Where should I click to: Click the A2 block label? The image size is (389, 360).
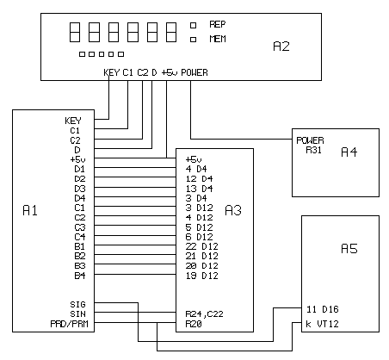pos(281,47)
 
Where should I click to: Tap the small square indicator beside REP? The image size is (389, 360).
pos(194,25)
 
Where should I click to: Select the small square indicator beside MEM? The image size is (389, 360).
pos(194,40)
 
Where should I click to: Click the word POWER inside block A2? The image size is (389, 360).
pos(194,72)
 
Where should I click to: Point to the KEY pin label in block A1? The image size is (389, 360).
pos(73,121)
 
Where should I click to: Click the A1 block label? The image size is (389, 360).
pos(30,211)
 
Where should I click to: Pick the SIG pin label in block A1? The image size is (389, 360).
pos(77,304)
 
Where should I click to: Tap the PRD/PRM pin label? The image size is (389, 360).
pos(69,324)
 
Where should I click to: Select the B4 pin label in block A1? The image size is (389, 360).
pos(80,276)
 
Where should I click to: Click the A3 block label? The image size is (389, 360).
pos(233,210)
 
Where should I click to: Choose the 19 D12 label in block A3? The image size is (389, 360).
pos(202,276)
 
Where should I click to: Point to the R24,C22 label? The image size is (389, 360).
pos(204,314)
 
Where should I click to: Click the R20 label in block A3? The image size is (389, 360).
pos(194,324)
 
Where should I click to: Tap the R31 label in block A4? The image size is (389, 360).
pos(313,150)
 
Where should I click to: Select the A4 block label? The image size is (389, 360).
pos(349,152)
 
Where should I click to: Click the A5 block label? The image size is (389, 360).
pos(349,249)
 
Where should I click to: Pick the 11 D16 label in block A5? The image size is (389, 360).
pos(323,309)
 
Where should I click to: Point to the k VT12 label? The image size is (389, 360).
pos(322,324)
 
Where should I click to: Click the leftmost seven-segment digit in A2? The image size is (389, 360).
pos(75,33)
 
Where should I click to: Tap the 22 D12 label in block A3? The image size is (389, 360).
pos(202,246)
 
